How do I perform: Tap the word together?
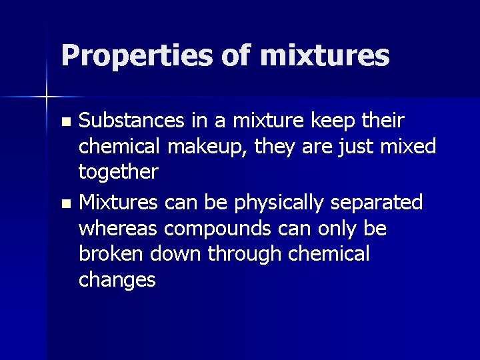[x=118, y=173]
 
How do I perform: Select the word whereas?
[x=117, y=228]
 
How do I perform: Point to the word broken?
[x=110, y=254]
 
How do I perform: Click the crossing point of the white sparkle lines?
[x=47, y=97]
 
